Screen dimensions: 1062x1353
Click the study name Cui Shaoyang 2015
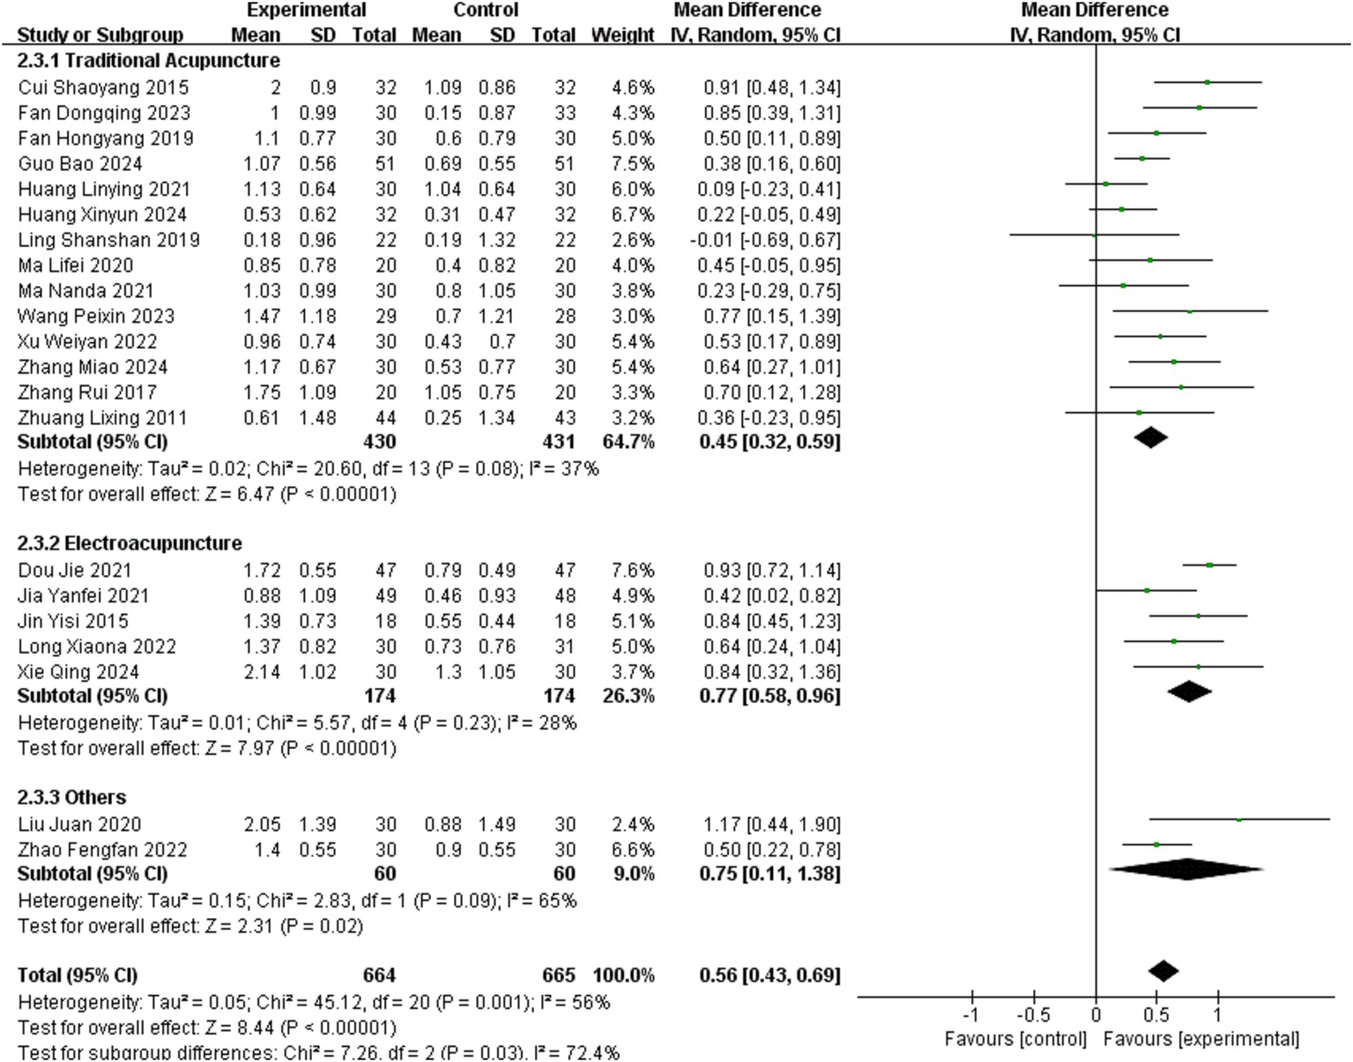[103, 87]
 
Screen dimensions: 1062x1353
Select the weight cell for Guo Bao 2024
[633, 163]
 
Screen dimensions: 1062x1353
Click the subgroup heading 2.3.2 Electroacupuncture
[130, 542]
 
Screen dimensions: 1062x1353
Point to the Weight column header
[622, 35]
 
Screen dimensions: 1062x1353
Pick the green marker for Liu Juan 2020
[1238, 819]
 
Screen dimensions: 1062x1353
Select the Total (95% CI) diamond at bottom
[1163, 971]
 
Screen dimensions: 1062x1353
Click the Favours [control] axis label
[1015, 1039]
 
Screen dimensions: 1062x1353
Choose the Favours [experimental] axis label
[1201, 1039]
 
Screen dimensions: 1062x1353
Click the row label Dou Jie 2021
[75, 570]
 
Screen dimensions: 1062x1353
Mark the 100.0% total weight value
[623, 976]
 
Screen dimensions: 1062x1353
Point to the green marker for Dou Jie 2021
[1209, 565]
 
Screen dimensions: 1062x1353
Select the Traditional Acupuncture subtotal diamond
[1150, 437]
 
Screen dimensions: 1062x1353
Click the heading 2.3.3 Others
[72, 797]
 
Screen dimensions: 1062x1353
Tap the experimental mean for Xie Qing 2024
[262, 672]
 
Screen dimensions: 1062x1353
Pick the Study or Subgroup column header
[100, 35]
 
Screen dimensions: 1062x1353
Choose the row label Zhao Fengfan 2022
[102, 849]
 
